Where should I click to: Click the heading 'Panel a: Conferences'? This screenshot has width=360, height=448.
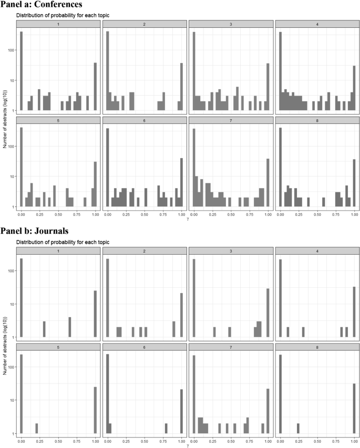pyautogui.click(x=46, y=5)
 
